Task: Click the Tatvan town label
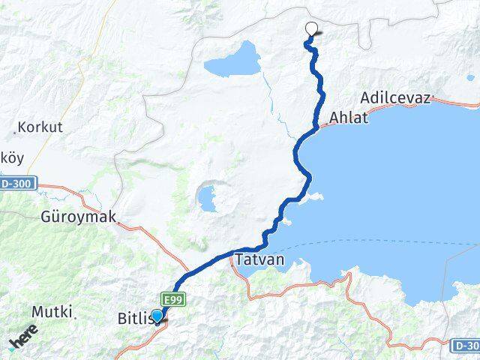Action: (259, 261)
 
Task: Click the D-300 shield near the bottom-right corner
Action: (465, 345)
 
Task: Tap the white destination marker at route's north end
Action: (312, 29)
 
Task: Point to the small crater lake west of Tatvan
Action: (206, 199)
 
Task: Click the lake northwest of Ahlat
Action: (232, 60)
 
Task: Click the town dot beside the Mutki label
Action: (75, 316)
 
